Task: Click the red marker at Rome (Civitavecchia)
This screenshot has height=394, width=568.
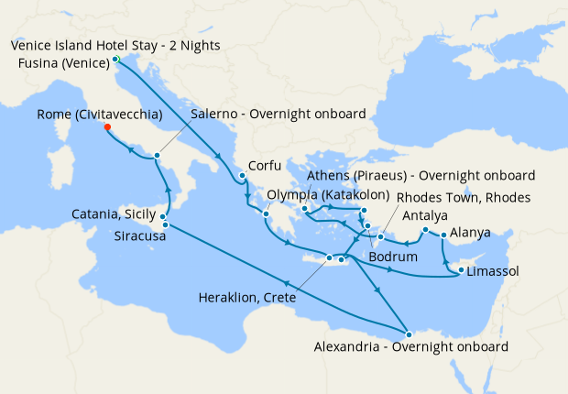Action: [x=108, y=127]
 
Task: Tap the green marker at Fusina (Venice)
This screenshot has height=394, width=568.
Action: [x=115, y=60]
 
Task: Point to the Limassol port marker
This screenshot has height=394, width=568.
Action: [x=460, y=270]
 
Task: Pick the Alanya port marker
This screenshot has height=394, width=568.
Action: [x=444, y=235]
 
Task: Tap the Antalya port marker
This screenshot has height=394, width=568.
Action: [x=425, y=228]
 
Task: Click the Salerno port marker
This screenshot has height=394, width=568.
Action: [x=158, y=156]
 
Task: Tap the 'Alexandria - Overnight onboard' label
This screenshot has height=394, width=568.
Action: [x=410, y=347]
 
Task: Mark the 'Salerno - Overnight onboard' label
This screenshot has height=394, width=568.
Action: [x=278, y=115]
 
